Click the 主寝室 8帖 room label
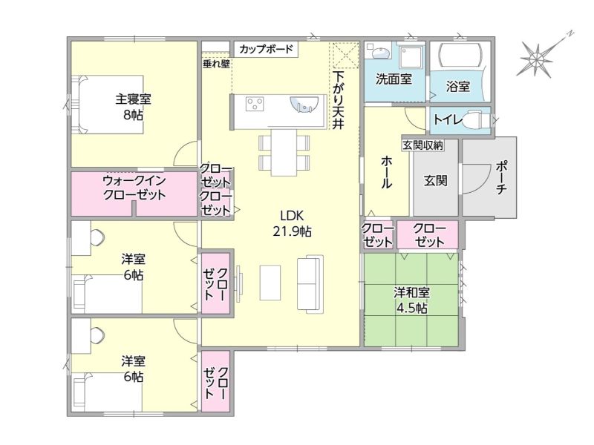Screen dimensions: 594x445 pyautogui.click(x=133, y=107)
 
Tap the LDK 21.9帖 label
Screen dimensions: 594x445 pyautogui.click(x=292, y=223)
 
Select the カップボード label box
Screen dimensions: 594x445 pyautogui.click(x=266, y=49)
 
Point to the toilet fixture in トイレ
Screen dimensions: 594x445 pyautogui.click(x=478, y=120)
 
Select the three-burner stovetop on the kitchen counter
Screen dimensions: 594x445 pyautogui.click(x=255, y=104)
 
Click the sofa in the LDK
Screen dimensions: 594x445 pyautogui.click(x=310, y=284)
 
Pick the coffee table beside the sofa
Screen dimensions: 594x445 pyautogui.click(x=270, y=283)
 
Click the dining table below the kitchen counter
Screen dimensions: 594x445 pyautogui.click(x=284, y=153)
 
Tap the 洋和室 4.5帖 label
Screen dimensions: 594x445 pyautogui.click(x=411, y=300)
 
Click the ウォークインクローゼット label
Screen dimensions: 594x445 pyautogui.click(x=134, y=188)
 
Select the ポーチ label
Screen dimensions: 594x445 pyautogui.click(x=500, y=178)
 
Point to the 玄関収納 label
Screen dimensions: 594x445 pyautogui.click(x=422, y=145)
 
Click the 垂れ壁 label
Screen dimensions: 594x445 pyautogui.click(x=216, y=64)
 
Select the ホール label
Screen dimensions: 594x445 pyautogui.click(x=385, y=172)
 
